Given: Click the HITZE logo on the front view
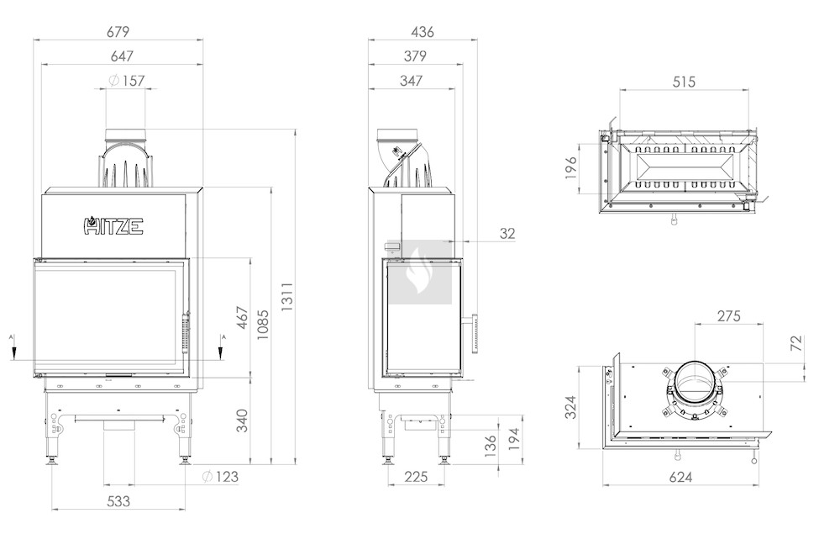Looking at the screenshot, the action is (x=113, y=226).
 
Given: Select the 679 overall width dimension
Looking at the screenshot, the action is (x=118, y=32).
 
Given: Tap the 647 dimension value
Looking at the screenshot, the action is (x=122, y=56).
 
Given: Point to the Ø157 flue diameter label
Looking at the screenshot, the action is (x=127, y=81).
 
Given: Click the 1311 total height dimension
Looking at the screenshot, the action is (x=287, y=297).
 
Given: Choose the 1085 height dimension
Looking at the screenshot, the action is (x=262, y=325).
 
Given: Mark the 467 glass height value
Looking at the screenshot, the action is (x=243, y=318).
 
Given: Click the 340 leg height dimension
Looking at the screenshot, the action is (x=242, y=421).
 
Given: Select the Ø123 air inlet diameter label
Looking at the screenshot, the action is (x=219, y=476).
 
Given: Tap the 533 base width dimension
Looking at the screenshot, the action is (x=118, y=501).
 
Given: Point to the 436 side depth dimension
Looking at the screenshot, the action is (x=423, y=32).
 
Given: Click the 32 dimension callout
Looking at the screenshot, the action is (x=507, y=234).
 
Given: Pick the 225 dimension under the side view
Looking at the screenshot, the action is (x=416, y=476).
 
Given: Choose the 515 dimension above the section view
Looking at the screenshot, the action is (x=684, y=82).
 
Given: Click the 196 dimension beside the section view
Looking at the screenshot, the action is (x=571, y=168).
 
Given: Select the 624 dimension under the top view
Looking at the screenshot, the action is (x=680, y=477).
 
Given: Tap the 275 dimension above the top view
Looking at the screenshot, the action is (x=728, y=316).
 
